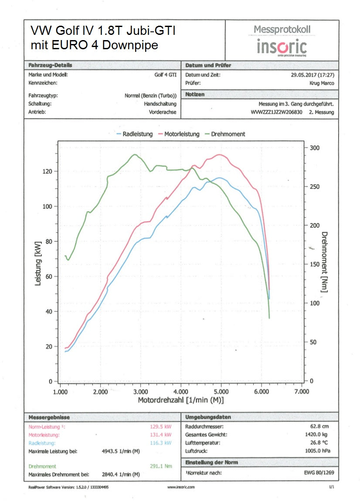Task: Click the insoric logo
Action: pyautogui.click(x=282, y=47)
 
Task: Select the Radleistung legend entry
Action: pyautogui.click(x=135, y=134)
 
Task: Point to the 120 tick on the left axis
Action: pyautogui.click(x=47, y=171)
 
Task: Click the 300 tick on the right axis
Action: pyautogui.click(x=315, y=148)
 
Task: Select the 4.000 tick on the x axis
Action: pyautogui.click(x=181, y=392)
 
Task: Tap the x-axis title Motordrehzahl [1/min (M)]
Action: pyautogui.click(x=181, y=400)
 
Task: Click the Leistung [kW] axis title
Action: pyautogui.click(x=38, y=264)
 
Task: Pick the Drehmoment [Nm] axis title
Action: pyautogui.click(x=324, y=262)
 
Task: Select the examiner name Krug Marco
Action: pyautogui.click(x=322, y=83)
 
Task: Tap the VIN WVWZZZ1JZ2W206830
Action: pyautogui.click(x=277, y=112)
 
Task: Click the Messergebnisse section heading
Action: pyautogui.click(x=49, y=417)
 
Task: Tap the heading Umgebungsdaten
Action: pyautogui.click(x=208, y=417)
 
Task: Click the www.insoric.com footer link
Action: pyautogui.click(x=181, y=487)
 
